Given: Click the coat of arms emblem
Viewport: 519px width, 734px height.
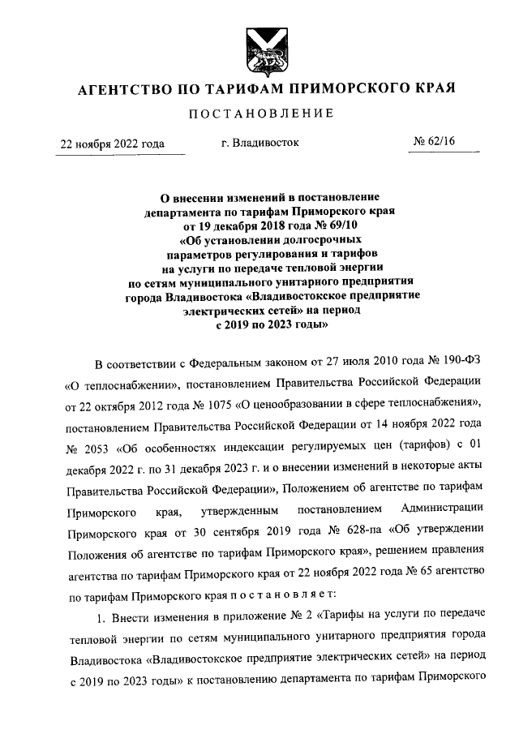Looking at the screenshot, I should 259,49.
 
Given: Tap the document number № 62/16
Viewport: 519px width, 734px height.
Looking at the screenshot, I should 435,143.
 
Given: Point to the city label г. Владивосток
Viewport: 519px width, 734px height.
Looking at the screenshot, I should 259,143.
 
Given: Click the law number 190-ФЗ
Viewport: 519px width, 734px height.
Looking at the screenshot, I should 461,358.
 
